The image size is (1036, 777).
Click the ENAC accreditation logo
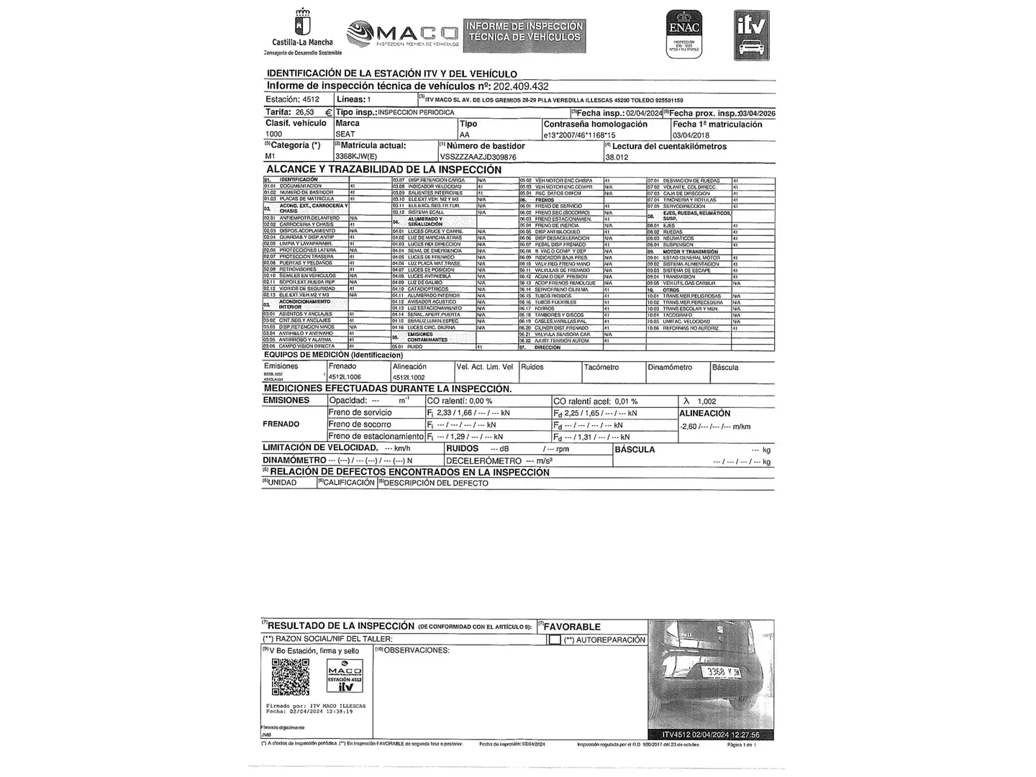683,34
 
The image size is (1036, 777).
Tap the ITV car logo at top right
751,35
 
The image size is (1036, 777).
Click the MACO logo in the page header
403,34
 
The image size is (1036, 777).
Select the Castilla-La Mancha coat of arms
302,22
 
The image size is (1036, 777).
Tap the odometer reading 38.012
617,157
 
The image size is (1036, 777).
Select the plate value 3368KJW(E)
356,156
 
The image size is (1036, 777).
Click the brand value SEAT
345,135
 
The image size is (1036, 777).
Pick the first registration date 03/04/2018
691,135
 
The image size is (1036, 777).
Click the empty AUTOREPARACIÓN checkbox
555,640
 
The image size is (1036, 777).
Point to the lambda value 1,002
706,401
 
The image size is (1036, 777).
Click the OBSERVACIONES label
416,650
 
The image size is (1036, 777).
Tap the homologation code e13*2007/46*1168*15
579,135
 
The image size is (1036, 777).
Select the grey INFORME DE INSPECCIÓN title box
524,35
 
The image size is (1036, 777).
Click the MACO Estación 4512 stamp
345,678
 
